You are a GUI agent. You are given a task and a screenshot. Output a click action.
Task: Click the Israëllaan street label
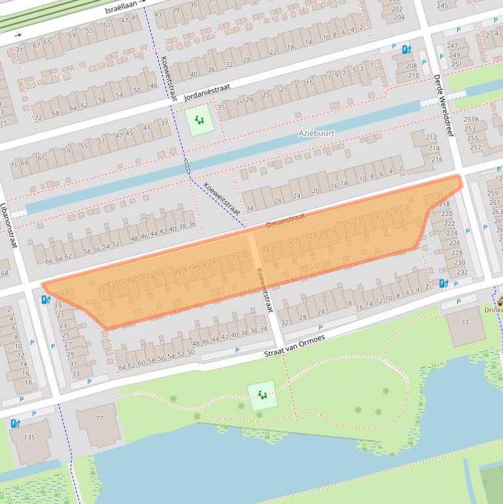point(122,9)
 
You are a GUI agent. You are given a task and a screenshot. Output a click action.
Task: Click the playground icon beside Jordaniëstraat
point(198,120)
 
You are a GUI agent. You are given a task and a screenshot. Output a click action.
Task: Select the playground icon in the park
point(262,395)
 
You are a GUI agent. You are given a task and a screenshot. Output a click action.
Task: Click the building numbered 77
point(99,418)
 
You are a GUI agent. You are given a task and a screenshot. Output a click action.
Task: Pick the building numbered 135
point(29,437)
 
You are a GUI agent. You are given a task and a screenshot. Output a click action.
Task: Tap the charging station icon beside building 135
point(15,423)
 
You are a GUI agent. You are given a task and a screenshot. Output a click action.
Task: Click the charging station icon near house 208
point(406,49)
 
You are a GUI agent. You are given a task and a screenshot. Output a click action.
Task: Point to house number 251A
point(471,120)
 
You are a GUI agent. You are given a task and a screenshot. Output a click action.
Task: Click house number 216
point(436,159)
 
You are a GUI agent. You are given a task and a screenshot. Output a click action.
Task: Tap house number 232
point(462,272)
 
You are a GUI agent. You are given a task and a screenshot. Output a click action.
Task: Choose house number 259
point(493,193)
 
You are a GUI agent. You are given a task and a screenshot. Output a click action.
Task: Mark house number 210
point(413,75)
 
